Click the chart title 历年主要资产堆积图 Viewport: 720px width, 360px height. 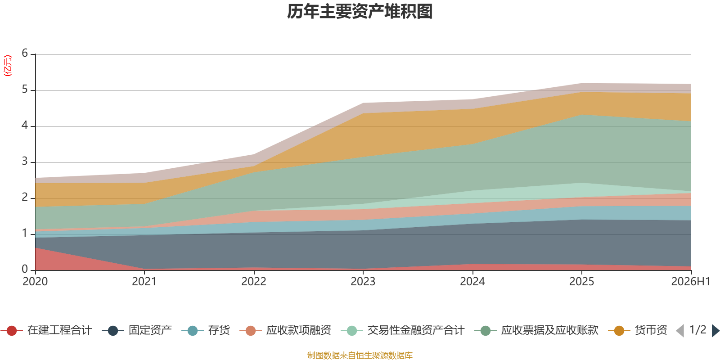pyautogui.click(x=360, y=12)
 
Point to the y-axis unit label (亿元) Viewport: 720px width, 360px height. pyautogui.click(x=7, y=66)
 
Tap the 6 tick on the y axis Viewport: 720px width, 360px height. pyautogui.click(x=25, y=53)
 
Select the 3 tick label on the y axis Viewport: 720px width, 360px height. pyautogui.click(x=25, y=161)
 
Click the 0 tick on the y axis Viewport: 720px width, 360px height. pyautogui.click(x=25, y=269)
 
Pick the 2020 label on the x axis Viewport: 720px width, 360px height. pyautogui.click(x=35, y=282)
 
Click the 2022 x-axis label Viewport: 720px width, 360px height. pyautogui.click(x=254, y=282)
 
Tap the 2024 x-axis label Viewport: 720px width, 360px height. pyautogui.click(x=472, y=282)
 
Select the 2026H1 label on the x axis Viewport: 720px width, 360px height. pyautogui.click(x=691, y=282)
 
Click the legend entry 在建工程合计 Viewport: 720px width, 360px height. pyautogui.click(x=47, y=330)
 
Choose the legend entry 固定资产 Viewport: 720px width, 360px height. pyautogui.click(x=137, y=330)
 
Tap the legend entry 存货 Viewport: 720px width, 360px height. pyautogui.click(x=206, y=330)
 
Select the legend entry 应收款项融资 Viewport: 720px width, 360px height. pyautogui.click(x=285, y=330)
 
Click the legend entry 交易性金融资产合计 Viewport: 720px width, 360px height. pyautogui.click(x=403, y=330)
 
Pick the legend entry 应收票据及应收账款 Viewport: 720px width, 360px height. pyautogui.click(x=536, y=330)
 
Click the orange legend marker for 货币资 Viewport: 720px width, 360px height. pyautogui.click(x=619, y=331)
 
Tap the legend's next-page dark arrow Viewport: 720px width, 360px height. pyautogui.click(x=715, y=331)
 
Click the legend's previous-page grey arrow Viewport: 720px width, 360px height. pyautogui.click(x=680, y=331)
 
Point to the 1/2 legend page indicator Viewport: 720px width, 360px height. pyautogui.click(x=698, y=330)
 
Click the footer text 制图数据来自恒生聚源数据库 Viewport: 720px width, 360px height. pyautogui.click(x=360, y=355)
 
